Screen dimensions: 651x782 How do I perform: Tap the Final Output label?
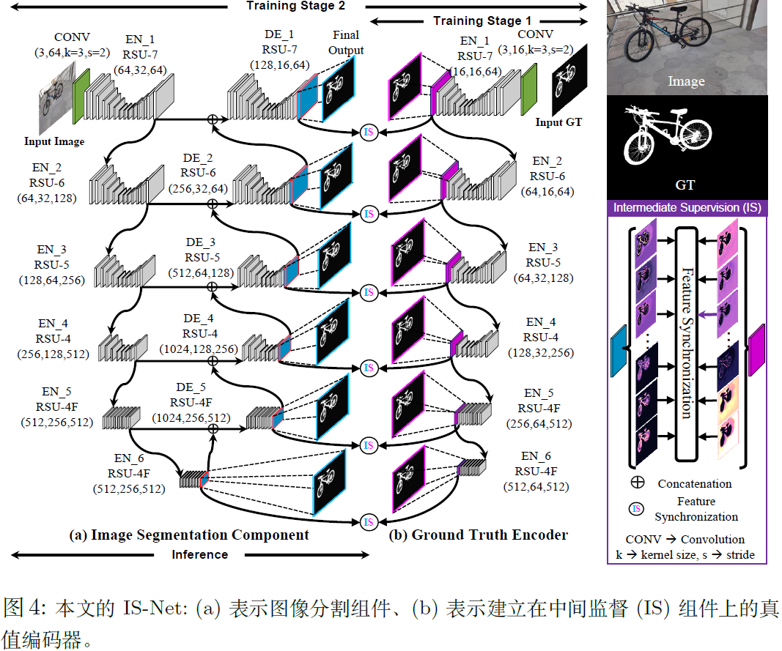(x=346, y=42)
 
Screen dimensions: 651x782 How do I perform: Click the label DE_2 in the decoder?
(x=199, y=158)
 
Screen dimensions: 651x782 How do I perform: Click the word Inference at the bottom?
(x=199, y=554)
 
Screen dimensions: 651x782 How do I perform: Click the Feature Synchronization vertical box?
(x=686, y=343)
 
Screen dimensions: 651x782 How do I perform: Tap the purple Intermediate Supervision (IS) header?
(x=687, y=208)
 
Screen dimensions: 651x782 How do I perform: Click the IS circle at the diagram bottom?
(x=369, y=522)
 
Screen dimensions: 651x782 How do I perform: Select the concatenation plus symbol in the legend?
(x=637, y=483)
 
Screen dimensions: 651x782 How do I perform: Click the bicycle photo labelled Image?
(x=686, y=44)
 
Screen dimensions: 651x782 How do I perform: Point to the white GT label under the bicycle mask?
(x=685, y=185)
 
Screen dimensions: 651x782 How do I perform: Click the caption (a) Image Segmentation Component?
(x=189, y=535)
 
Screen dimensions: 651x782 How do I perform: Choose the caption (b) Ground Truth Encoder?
(x=479, y=535)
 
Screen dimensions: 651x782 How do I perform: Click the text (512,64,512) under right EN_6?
(x=536, y=486)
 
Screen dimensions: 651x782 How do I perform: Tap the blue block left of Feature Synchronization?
(x=619, y=351)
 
